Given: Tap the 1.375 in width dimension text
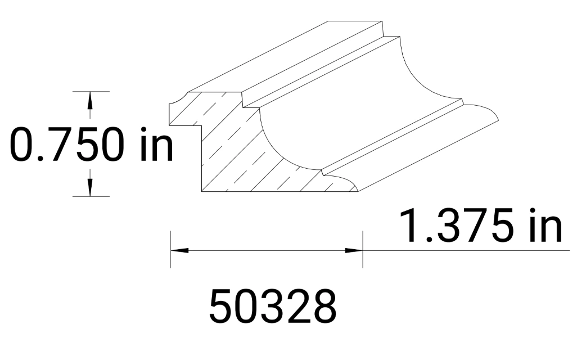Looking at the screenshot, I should (x=481, y=226).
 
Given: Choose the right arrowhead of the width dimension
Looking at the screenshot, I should (x=354, y=250).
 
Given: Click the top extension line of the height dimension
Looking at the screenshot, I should (x=90, y=91).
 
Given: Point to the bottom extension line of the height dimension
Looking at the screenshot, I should (x=90, y=196).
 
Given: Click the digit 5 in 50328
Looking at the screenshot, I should (x=220, y=307).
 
